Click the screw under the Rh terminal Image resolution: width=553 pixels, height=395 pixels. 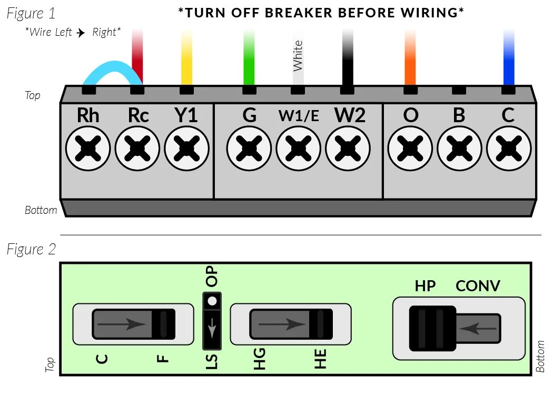[x=88, y=149]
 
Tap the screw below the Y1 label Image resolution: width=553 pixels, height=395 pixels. [x=186, y=149]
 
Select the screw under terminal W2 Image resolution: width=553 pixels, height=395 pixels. [x=348, y=149]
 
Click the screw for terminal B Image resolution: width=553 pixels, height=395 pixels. [x=459, y=149]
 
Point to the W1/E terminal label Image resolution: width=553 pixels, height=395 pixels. [x=299, y=116]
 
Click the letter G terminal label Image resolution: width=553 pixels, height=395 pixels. [x=249, y=115]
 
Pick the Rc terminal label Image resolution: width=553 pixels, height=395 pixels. [x=138, y=115]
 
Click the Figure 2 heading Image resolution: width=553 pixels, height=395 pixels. [x=31, y=249]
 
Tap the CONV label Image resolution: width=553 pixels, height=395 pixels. [x=478, y=286]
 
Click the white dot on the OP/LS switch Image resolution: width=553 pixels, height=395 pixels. [x=213, y=301]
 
